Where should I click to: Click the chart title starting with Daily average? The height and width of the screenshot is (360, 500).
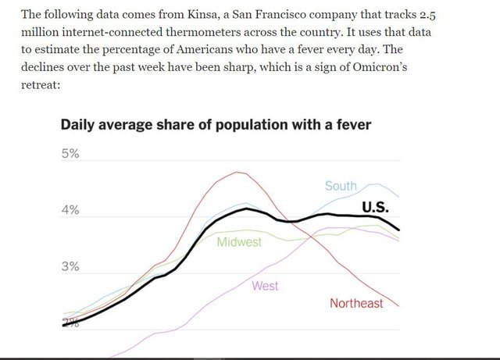coord(215,124)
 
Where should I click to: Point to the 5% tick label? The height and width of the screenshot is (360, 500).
coord(70,153)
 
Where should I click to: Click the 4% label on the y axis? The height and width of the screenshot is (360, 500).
coord(70,211)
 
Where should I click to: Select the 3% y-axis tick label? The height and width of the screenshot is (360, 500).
coord(70,268)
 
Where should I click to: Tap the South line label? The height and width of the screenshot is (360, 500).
coord(341,186)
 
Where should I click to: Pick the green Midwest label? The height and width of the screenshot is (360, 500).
coord(239,242)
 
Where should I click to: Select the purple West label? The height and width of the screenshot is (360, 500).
coord(265,286)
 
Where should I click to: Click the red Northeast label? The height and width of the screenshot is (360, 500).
coord(356,303)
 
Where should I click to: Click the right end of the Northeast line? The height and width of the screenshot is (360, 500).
coord(399,305)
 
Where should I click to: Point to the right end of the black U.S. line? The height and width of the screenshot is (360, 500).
coord(399,230)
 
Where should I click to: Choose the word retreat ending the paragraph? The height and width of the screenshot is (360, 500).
coord(40,86)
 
